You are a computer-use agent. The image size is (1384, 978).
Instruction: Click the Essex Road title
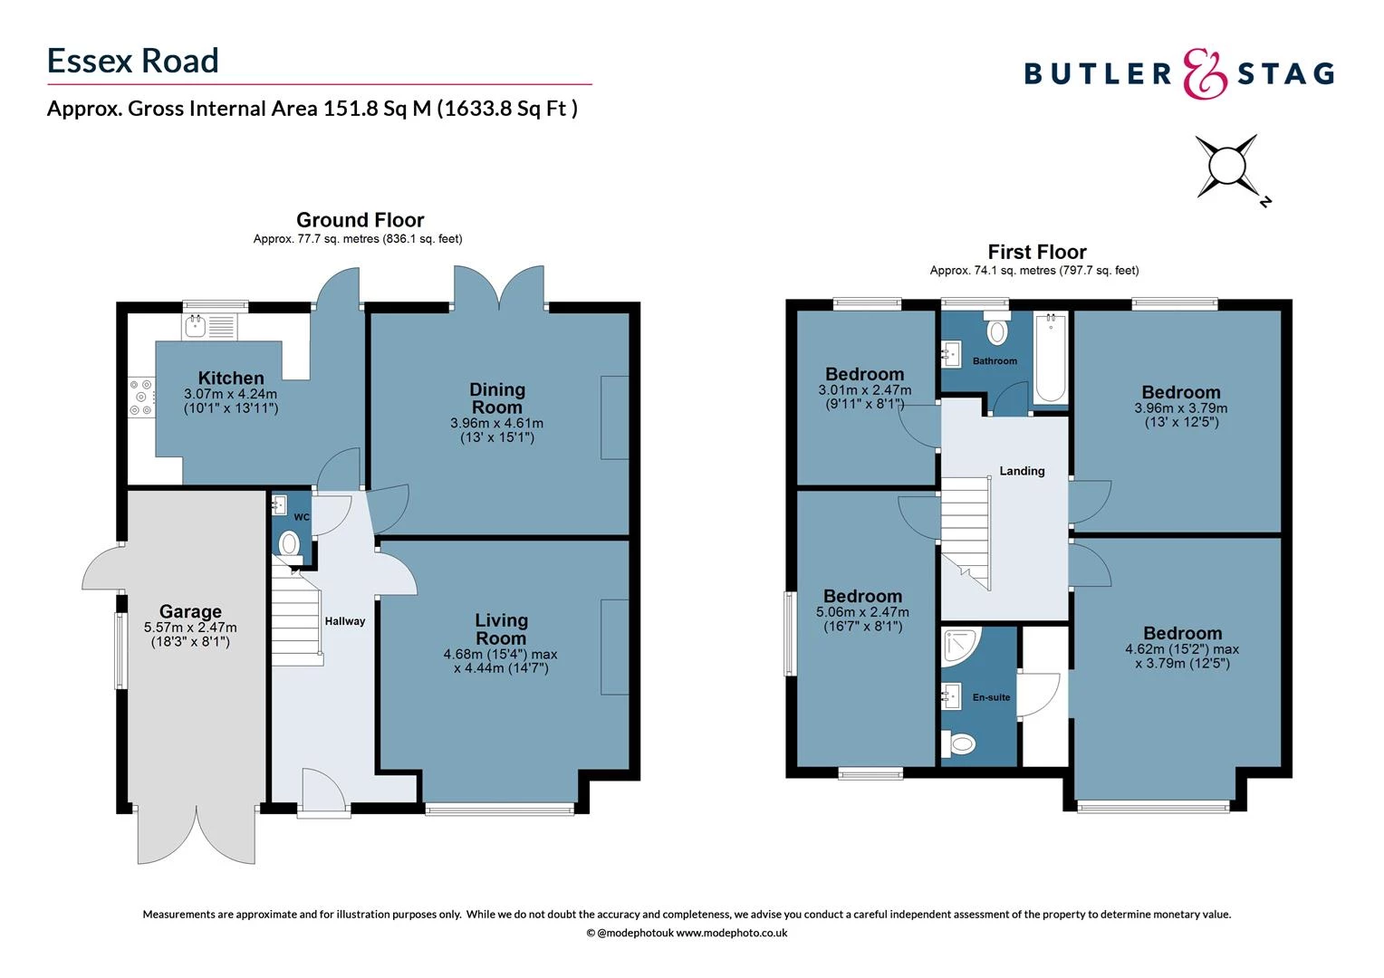(x=133, y=61)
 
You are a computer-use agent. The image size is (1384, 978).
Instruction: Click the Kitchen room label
(x=231, y=379)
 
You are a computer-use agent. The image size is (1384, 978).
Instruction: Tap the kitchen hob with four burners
(x=141, y=398)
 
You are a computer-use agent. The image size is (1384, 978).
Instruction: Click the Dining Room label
(x=496, y=398)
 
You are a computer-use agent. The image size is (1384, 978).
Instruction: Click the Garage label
(x=190, y=612)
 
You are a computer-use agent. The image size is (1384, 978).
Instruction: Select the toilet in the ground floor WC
(x=289, y=544)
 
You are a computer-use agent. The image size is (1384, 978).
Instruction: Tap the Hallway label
(x=345, y=621)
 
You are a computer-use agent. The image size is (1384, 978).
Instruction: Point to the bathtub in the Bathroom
(x=1050, y=359)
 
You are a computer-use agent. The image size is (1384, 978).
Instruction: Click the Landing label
(x=1022, y=471)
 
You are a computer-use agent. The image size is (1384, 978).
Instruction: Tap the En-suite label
(x=991, y=697)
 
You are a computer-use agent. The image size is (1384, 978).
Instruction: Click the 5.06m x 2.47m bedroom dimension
(x=862, y=612)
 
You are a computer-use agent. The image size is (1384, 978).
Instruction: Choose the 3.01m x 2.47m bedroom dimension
(x=864, y=390)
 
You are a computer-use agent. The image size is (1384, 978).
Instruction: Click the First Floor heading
(x=1036, y=252)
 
